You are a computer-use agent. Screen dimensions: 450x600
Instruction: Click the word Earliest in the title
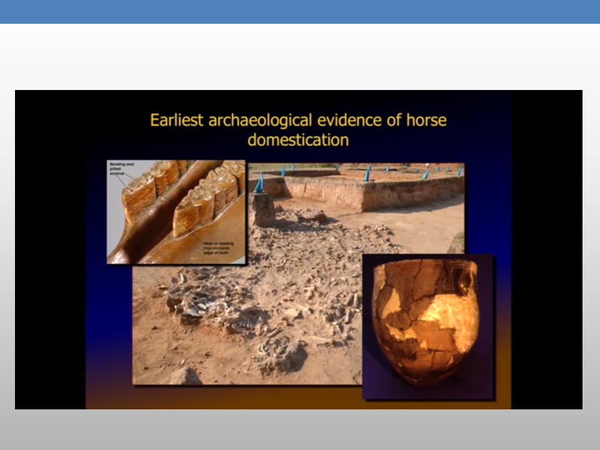[176, 120]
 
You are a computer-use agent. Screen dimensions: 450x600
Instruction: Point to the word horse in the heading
[427, 120]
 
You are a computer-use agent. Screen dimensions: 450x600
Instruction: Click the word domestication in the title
[298, 139]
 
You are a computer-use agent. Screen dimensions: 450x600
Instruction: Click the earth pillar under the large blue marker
[262, 209]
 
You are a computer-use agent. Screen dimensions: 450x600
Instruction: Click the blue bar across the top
[300, 11]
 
